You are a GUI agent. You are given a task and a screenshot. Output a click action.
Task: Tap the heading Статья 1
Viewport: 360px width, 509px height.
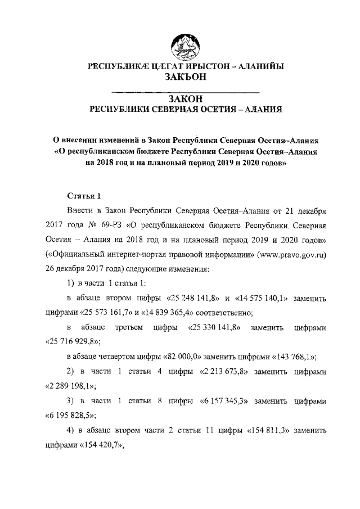point(84,196)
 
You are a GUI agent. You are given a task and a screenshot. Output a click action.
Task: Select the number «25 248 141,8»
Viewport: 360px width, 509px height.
point(192,298)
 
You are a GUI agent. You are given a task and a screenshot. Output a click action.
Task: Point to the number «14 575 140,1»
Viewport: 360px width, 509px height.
point(269,298)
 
